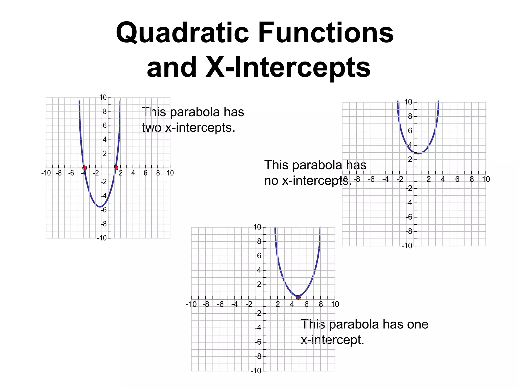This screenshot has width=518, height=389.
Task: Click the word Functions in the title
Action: point(326,33)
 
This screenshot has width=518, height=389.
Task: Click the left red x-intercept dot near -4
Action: point(85,168)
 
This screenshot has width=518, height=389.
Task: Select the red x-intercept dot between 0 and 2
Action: point(116,168)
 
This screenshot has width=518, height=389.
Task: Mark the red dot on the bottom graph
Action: point(298,297)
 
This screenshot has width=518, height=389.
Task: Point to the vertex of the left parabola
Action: point(100,207)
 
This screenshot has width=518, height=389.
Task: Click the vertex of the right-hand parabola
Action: point(419,153)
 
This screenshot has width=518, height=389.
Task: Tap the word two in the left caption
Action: point(152,128)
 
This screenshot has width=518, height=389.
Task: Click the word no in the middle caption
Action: point(271,181)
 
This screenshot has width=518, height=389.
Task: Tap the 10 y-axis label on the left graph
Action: point(103,98)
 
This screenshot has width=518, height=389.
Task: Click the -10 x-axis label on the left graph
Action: point(46,173)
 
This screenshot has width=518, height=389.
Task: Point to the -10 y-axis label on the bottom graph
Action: point(256,371)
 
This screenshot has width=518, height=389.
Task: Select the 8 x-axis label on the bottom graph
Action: point(321,304)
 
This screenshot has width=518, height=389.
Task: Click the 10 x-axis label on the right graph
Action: point(486,179)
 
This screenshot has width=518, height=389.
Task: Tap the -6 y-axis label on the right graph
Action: point(409,217)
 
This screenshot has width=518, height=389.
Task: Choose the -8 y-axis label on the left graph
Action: point(104,224)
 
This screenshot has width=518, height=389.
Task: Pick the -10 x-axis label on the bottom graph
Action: point(191,304)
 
